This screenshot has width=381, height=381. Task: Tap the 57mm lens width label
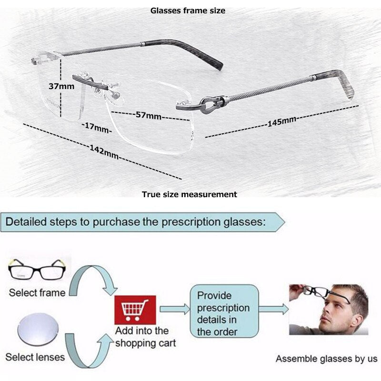[x=148, y=115]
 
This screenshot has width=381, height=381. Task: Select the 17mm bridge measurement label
[x=96, y=127]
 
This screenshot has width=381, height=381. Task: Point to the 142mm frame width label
[x=104, y=151]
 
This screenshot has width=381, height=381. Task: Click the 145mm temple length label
[x=281, y=122]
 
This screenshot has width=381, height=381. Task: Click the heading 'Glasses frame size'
[x=188, y=10]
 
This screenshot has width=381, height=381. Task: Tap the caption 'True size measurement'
[x=189, y=194]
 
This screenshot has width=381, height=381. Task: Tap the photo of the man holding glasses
[x=329, y=309]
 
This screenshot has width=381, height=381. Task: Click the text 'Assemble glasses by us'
[x=326, y=359]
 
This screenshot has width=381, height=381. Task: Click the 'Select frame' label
[x=37, y=292]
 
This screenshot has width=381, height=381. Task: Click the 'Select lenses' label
[x=35, y=357]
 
